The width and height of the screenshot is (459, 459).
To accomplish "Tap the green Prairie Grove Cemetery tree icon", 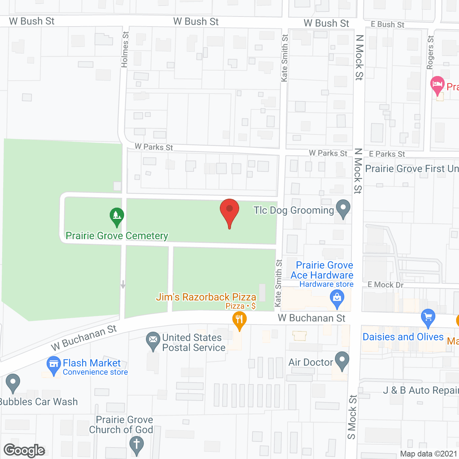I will point(117,216).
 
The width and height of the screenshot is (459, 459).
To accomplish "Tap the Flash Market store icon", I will point(54,364).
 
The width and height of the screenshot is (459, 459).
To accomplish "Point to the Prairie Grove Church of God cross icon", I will point(136,445).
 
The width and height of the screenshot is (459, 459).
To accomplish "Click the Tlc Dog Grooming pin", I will point(343,208).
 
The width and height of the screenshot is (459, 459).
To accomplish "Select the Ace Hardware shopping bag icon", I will point(337,298).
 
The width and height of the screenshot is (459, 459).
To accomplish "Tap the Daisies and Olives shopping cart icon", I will point(428,317).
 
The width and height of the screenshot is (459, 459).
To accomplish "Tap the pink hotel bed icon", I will point(437,85).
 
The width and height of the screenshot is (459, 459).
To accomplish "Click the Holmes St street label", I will point(124,49).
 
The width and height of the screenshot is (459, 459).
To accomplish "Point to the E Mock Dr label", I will point(385,285).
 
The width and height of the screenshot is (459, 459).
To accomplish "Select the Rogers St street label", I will point(430,52).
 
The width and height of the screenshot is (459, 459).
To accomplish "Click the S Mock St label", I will point(352,417).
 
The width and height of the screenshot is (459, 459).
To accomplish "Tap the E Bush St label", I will point(387,24).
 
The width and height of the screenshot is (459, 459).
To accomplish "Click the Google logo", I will point(24,450).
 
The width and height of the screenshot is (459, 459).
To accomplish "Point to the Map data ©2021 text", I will point(429,454).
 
